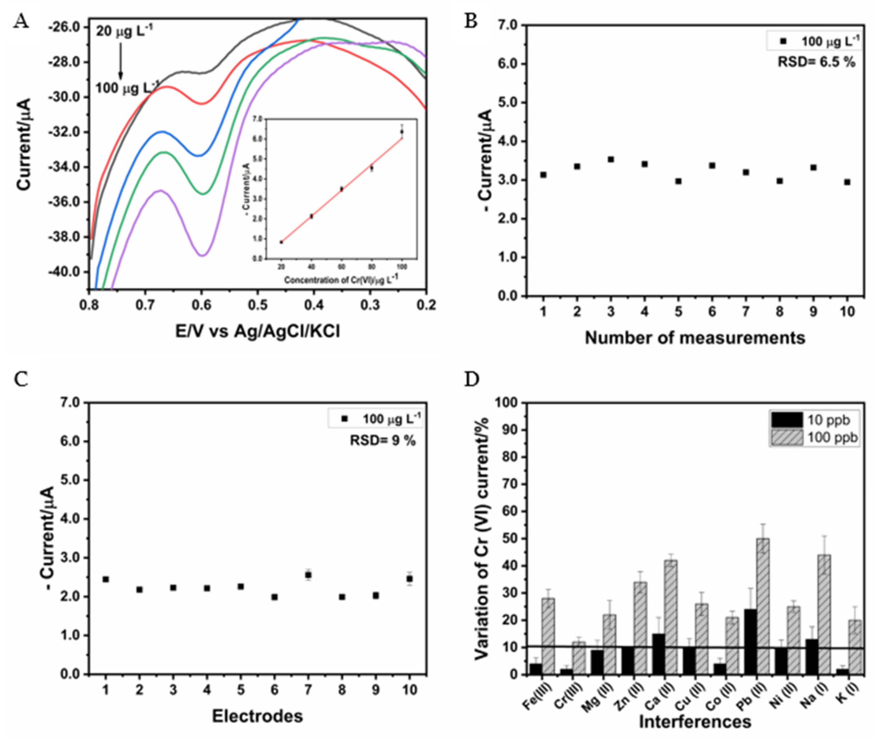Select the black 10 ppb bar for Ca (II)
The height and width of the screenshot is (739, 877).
pyautogui.click(x=659, y=654)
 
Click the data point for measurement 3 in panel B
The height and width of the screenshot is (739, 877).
pyautogui.click(x=611, y=160)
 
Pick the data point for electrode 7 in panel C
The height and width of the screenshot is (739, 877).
pyautogui.click(x=308, y=575)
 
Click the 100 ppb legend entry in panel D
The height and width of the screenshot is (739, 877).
pyautogui.click(x=815, y=437)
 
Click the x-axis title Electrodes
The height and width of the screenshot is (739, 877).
pyautogui.click(x=257, y=716)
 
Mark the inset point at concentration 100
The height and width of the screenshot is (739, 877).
pyautogui.click(x=402, y=132)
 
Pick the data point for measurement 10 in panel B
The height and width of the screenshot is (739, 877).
pyautogui.click(x=847, y=182)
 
